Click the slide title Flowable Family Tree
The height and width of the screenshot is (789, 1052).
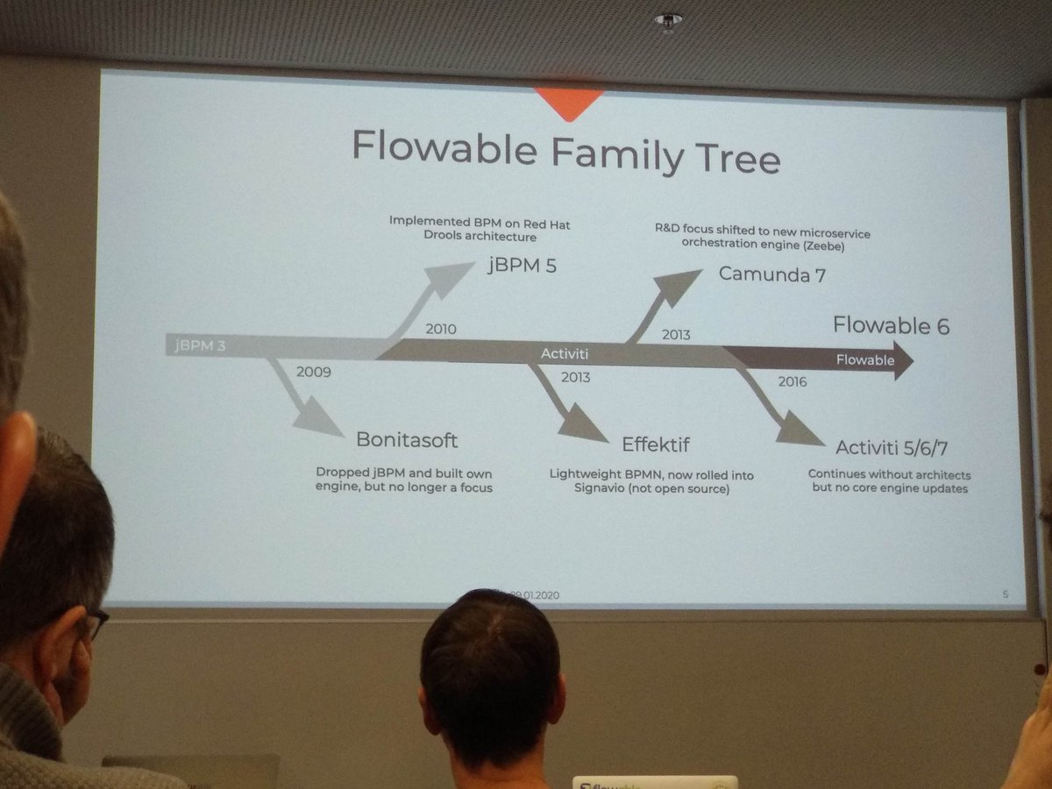565,151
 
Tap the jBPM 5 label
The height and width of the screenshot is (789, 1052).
522,266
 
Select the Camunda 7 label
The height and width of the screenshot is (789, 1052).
772,274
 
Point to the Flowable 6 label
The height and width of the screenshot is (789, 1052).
891,325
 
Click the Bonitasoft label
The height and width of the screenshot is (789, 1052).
407,438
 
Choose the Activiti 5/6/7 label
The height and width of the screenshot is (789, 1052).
892,448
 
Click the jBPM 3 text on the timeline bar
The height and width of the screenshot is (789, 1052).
199,345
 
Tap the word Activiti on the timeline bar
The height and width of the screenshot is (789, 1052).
564,353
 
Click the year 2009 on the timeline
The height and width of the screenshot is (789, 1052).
313,372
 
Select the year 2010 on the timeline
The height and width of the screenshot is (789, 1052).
440,329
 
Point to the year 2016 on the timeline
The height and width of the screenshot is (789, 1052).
791,381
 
